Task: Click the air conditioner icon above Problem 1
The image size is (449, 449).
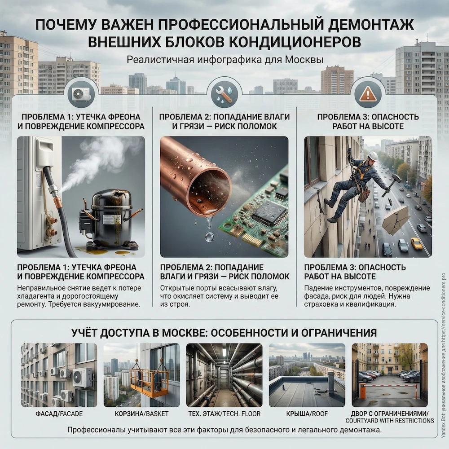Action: pyautogui.click(x=81, y=94)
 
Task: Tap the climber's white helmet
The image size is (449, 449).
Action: pyautogui.click(x=372, y=155)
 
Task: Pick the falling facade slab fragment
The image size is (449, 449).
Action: pyautogui.click(x=395, y=220)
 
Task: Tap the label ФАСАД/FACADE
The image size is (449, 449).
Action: pyautogui.click(x=59, y=414)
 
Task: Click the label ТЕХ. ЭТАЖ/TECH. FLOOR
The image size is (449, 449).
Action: pyautogui.click(x=224, y=414)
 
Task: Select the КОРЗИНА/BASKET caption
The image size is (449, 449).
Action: pyautogui.click(x=141, y=414)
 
